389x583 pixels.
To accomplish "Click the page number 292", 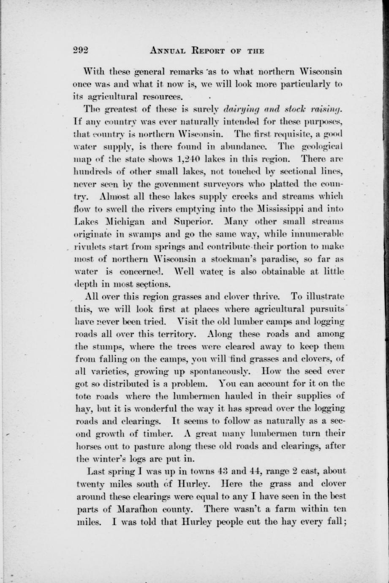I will coord(79,51).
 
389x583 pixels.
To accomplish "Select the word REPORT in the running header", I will coord(211,51).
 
